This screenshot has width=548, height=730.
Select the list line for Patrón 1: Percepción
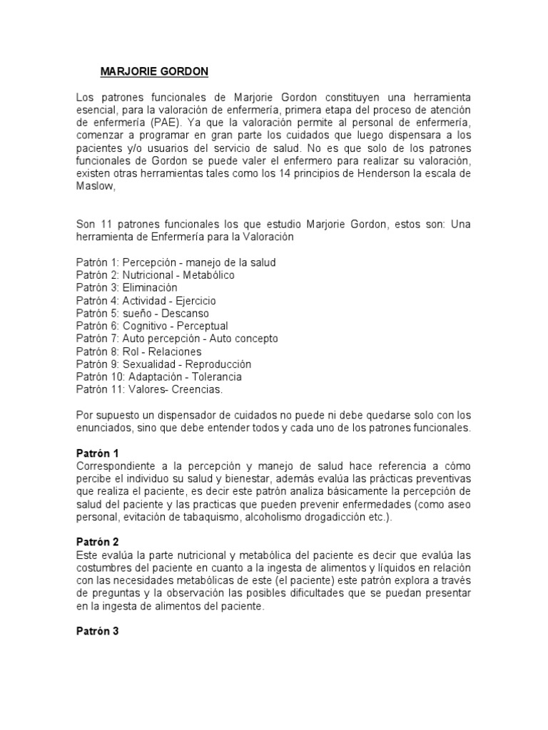pyautogui.click(x=176, y=262)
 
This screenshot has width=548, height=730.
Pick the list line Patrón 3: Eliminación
pyautogui.click(x=126, y=287)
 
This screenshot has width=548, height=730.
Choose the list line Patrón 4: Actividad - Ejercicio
pyautogui.click(x=146, y=301)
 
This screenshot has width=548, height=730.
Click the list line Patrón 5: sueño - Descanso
pyautogui.click(x=143, y=314)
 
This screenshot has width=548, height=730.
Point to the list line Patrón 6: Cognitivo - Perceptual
pyautogui.click(x=152, y=327)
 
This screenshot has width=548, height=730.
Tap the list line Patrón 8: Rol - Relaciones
pyautogui.click(x=138, y=351)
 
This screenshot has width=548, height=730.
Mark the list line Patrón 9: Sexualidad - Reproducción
pyautogui.click(x=163, y=364)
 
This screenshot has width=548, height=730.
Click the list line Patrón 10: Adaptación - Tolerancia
pyautogui.click(x=158, y=376)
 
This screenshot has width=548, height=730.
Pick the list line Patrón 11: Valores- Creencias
pyautogui.click(x=149, y=389)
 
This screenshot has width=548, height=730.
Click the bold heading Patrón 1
pyautogui.click(x=98, y=453)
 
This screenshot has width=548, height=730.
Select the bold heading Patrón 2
pyautogui.click(x=98, y=543)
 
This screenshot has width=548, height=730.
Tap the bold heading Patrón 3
pyautogui.click(x=98, y=632)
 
